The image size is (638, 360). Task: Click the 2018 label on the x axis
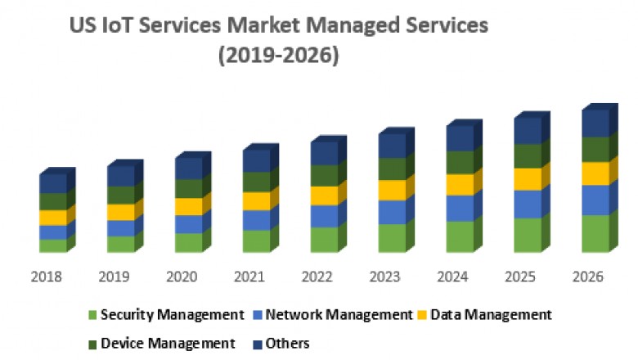[46, 277]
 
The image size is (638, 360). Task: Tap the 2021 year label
[250, 277]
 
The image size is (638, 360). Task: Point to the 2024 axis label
[455, 277]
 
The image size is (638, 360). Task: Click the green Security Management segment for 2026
[595, 233]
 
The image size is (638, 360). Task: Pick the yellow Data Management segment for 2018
[53, 218]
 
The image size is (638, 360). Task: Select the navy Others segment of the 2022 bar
[325, 153]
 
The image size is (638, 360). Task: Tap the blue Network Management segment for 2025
[527, 204]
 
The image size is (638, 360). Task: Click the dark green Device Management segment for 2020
[189, 188]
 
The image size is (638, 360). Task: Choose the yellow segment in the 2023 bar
[393, 190]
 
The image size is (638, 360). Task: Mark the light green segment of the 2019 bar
[121, 244]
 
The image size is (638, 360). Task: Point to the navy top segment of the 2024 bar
[461, 137]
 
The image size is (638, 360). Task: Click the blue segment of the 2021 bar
[257, 220]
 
